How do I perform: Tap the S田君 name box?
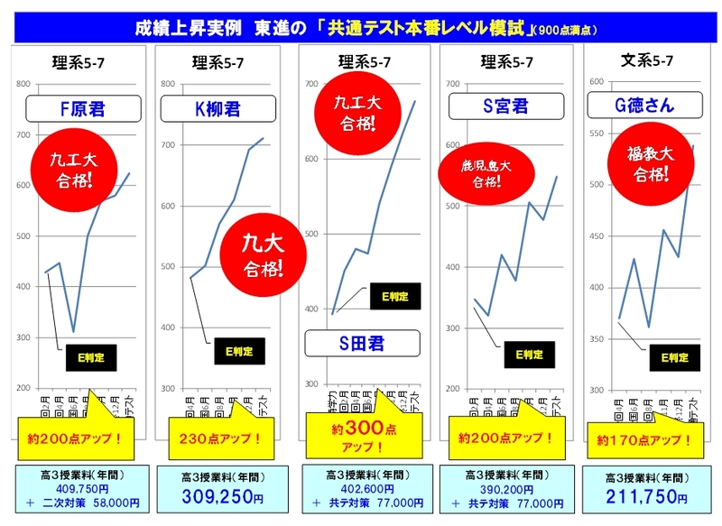(362, 343)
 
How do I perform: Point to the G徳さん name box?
(643, 106)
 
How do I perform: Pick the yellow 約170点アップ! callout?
(644, 441)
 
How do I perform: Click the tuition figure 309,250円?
(219, 497)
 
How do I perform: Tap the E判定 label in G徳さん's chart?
(674, 357)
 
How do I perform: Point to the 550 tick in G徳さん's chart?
(595, 134)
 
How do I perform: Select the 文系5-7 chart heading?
(646, 61)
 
